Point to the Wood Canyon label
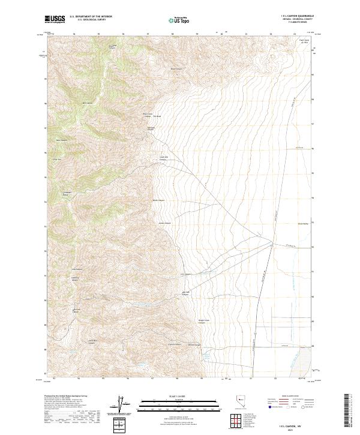(176, 69)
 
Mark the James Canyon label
(161, 225)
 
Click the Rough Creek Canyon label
(203, 322)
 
